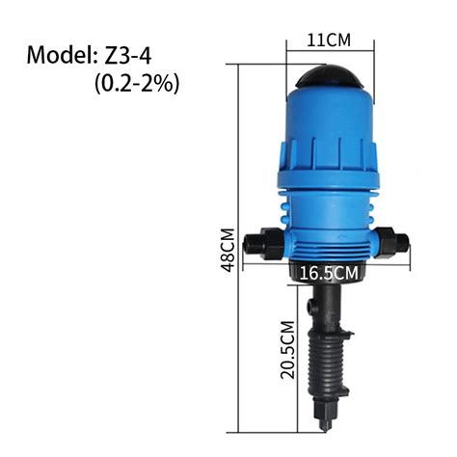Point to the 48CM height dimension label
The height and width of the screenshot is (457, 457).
click(228, 252)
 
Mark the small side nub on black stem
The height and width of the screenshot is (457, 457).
click(309, 308)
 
